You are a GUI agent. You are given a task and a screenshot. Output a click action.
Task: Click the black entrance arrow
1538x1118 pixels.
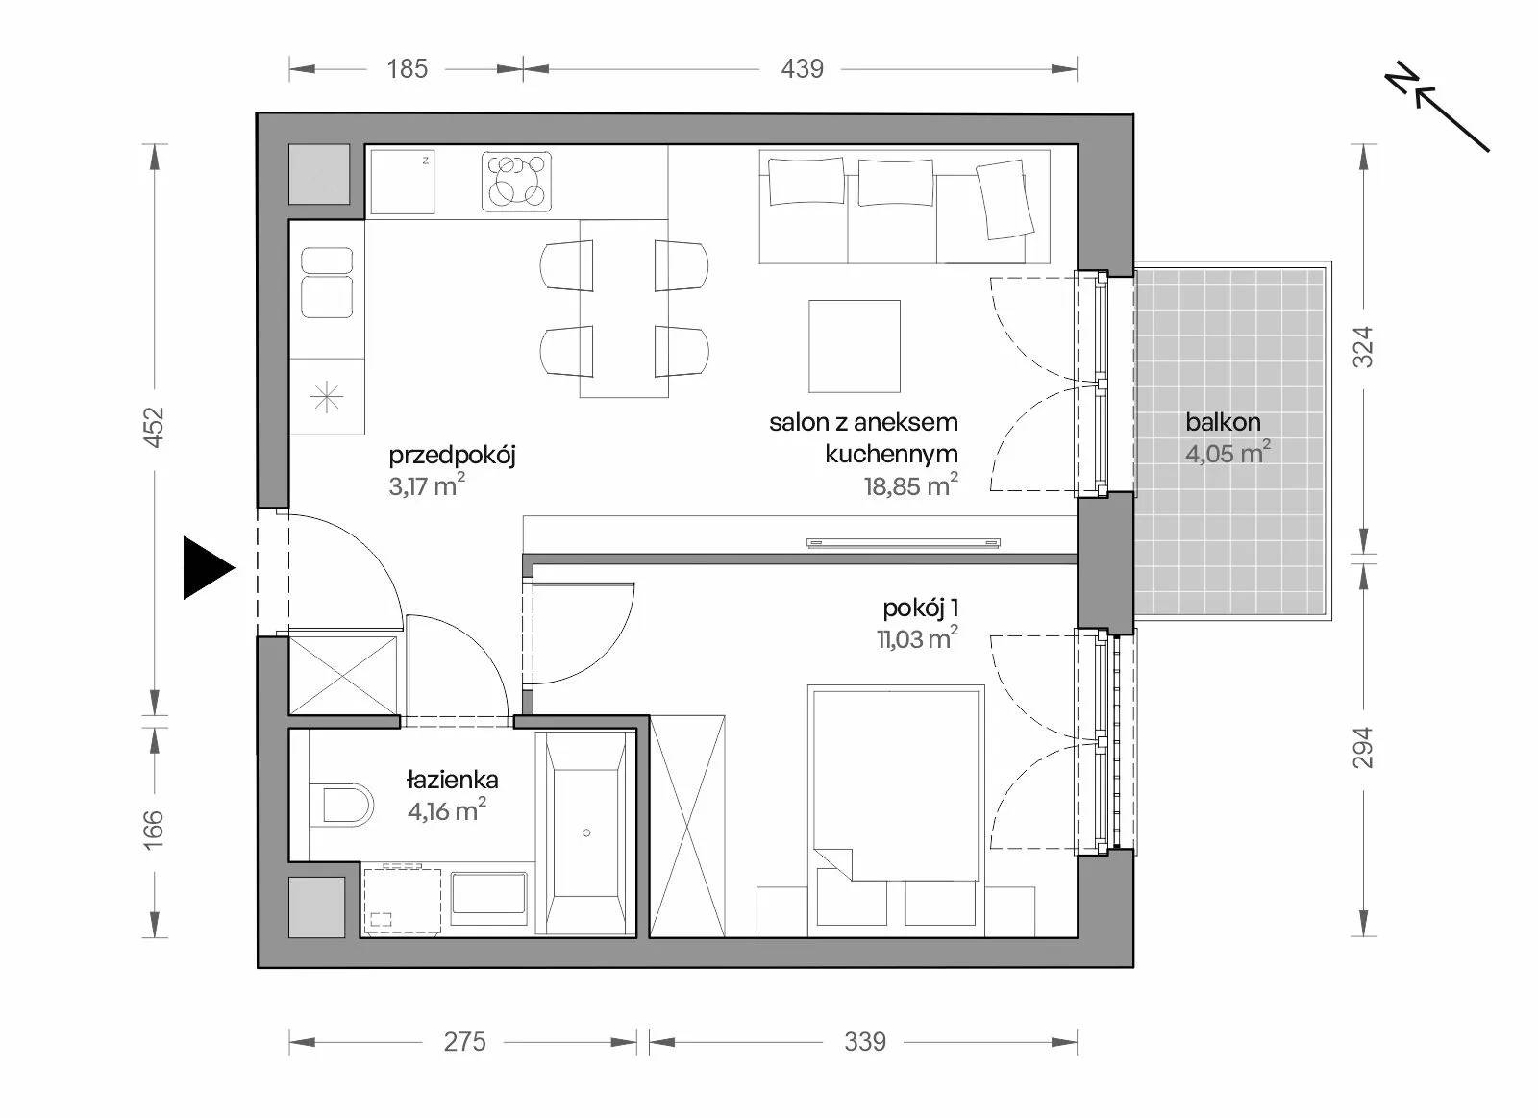coord(208,568)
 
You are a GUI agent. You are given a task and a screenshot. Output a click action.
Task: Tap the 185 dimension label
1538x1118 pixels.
coord(408,68)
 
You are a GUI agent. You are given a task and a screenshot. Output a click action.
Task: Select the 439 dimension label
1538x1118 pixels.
coord(802,68)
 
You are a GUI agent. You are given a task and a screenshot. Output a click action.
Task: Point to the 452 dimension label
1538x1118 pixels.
coord(155,427)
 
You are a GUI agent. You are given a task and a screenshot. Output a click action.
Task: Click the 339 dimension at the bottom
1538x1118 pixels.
coord(865,1042)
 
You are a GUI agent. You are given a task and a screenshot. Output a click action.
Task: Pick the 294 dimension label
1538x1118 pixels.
coord(1363,747)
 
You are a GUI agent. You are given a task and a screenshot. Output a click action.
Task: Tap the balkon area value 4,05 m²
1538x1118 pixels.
coord(1228,453)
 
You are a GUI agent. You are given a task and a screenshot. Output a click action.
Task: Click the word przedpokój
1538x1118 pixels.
coord(452,456)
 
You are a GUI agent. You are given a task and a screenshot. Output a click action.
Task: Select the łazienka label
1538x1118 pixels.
coord(453,780)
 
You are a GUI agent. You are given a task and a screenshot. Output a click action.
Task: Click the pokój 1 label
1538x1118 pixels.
coord(920,608)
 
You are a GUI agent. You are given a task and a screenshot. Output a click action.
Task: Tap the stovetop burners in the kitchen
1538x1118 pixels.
coord(516,181)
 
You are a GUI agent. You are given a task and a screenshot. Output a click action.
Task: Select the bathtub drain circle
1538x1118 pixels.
coord(586,833)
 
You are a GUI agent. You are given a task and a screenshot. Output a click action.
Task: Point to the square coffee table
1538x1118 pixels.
coord(855,346)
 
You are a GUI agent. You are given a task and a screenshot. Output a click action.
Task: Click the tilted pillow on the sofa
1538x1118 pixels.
coord(1005,200)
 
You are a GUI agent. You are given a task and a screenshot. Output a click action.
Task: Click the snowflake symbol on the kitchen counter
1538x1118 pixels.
coord(326,396)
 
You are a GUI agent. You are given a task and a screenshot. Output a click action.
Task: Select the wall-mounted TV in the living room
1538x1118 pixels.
coord(904,543)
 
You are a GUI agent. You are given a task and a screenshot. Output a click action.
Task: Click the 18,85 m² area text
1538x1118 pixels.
coord(910,485)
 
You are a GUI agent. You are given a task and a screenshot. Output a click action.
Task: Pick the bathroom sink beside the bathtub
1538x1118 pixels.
coord(489,893)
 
